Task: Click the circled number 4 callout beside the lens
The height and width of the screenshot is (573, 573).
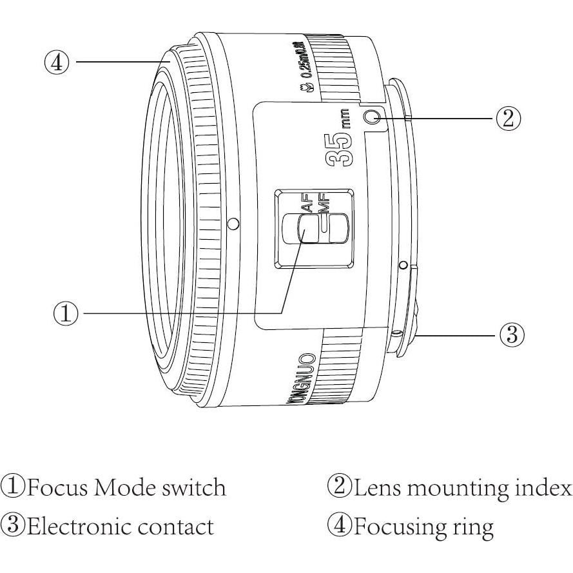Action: (56, 62)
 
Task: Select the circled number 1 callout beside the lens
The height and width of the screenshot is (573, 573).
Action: (65, 313)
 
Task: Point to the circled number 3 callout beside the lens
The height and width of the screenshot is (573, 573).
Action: (512, 335)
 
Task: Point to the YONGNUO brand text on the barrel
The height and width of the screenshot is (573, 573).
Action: (301, 380)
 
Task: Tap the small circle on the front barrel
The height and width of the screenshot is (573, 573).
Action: (234, 224)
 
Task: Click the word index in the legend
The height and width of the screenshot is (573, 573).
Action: (543, 488)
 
